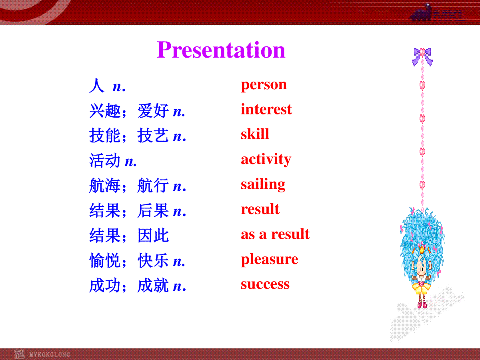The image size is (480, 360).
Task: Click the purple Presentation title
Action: pyautogui.click(x=221, y=50)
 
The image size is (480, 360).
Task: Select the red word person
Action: pyautogui.click(x=264, y=85)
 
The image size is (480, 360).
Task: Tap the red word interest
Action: pyautogui.click(x=266, y=109)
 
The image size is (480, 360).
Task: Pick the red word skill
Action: pyautogui.click(x=255, y=134)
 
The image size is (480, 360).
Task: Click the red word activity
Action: pyautogui.click(x=266, y=159)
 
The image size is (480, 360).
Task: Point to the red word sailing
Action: pyautogui.click(x=263, y=184)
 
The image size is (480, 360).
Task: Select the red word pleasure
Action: pyautogui.click(x=270, y=260)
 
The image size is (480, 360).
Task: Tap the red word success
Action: pyautogui.click(x=265, y=284)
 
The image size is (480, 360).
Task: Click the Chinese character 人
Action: pyautogui.click(x=97, y=86)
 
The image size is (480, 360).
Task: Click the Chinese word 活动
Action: pyautogui.click(x=105, y=160)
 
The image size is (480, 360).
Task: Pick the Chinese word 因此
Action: pyautogui.click(x=153, y=236)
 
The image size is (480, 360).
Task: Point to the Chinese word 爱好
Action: pyautogui.click(x=153, y=111)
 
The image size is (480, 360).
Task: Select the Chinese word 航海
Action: pyautogui.click(x=105, y=186)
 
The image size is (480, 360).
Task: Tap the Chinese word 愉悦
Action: pyautogui.click(x=105, y=260)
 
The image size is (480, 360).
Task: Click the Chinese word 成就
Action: pyautogui.click(x=153, y=285)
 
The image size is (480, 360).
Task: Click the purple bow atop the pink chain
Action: pyautogui.click(x=422, y=56)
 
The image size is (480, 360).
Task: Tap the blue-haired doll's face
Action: pyautogui.click(x=421, y=269)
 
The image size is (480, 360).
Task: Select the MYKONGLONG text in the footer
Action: pyautogui.click(x=50, y=354)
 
